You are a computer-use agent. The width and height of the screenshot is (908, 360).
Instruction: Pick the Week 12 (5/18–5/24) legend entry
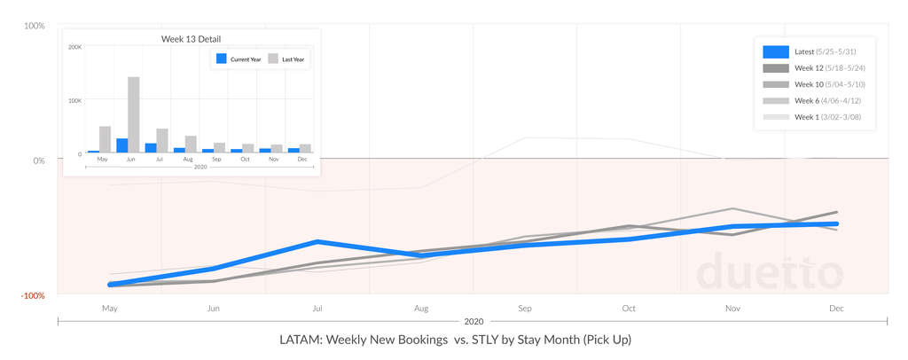tap(824, 68)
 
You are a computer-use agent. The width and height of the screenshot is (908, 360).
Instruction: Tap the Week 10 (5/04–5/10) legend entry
tap(824, 84)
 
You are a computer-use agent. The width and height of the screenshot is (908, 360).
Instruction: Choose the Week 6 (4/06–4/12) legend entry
tap(824, 100)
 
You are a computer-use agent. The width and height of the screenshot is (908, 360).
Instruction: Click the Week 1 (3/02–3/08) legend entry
tap(824, 116)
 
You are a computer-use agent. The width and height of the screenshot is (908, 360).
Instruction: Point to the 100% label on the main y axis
tap(35, 26)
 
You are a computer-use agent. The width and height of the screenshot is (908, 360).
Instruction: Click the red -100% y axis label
tap(34, 295)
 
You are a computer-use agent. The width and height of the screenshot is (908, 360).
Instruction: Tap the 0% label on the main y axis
tap(39, 160)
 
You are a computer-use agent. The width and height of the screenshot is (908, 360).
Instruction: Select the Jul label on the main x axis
tap(317, 309)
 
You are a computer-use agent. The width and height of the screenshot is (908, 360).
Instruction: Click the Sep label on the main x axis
tap(525, 309)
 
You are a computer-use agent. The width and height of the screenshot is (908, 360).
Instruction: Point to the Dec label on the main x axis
tap(836, 309)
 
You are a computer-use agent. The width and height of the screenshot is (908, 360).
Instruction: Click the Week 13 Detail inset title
tap(191, 39)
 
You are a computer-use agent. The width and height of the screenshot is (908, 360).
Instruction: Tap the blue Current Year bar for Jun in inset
tap(121, 145)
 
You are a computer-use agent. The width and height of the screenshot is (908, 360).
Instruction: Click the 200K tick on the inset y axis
tap(75, 46)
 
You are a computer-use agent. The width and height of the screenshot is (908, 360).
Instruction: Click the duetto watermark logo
tap(770, 272)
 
